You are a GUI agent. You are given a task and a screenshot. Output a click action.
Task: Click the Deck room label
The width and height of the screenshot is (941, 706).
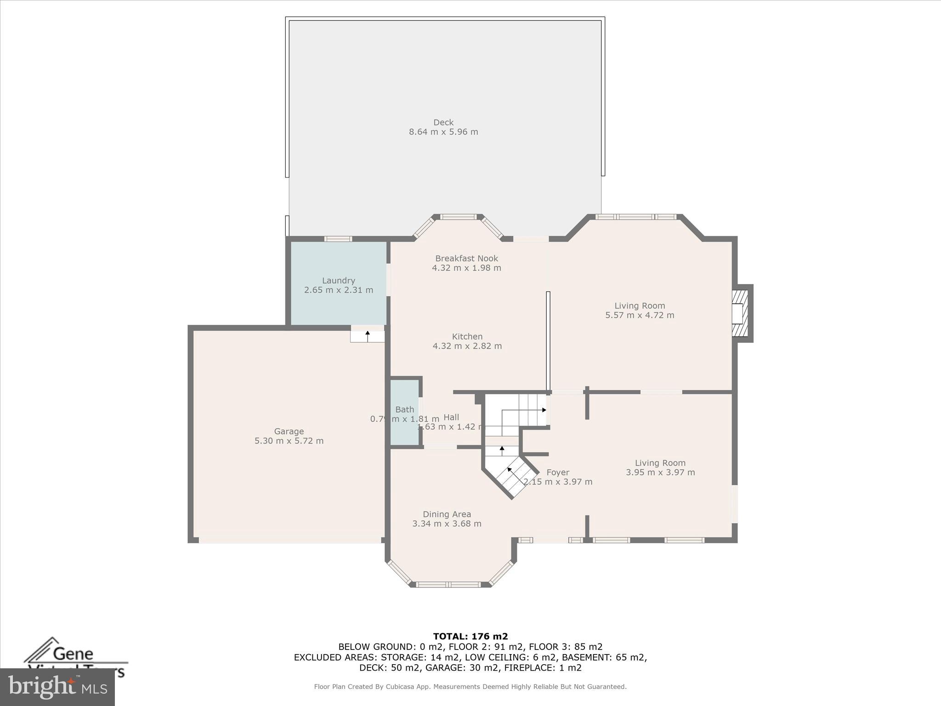[443, 122]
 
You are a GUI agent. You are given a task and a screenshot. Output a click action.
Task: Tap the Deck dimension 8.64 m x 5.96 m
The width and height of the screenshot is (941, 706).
[443, 132]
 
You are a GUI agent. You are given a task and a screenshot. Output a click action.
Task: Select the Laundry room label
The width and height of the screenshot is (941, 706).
[338, 280]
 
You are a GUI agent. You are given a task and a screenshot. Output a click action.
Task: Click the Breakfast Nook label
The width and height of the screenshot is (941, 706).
[466, 258]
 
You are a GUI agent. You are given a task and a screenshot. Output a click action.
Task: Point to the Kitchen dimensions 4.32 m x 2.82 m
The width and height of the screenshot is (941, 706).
[467, 346]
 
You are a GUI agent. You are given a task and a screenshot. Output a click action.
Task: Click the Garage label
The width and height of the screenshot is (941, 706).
[289, 431]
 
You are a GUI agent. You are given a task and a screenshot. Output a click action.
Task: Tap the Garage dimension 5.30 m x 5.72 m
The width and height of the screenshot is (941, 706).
[289, 441]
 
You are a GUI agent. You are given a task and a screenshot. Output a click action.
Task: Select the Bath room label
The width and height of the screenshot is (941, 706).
[404, 410]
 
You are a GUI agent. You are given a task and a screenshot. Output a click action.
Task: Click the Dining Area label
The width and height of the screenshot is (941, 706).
[447, 514]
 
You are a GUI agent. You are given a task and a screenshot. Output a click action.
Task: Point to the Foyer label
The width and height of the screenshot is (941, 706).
[558, 473]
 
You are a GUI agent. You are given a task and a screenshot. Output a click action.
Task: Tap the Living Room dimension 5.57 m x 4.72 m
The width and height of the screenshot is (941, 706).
[640, 315]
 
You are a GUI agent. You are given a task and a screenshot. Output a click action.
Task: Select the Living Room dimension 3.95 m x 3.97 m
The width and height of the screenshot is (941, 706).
[660, 473]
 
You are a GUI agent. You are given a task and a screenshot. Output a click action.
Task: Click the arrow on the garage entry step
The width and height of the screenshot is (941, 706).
[368, 336]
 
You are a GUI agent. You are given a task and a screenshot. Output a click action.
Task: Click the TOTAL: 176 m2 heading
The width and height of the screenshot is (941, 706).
[470, 636]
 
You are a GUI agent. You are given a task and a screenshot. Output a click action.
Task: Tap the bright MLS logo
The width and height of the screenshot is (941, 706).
[57, 687]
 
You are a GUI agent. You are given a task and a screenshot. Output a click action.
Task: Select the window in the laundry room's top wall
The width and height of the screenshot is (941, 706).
[338, 239]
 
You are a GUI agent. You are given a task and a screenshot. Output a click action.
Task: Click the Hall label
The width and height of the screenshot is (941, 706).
[451, 417]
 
